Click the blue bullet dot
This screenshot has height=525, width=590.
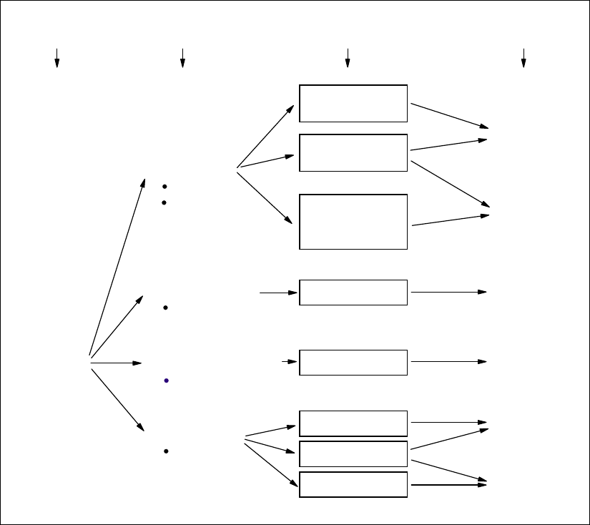pyautogui.click(x=166, y=381)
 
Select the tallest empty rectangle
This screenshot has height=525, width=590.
pyautogui.click(x=353, y=221)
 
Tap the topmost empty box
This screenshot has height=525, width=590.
pyautogui.click(x=353, y=104)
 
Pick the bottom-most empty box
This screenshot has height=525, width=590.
pyautogui.click(x=353, y=484)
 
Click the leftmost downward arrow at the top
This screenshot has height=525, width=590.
pyautogui.click(x=57, y=58)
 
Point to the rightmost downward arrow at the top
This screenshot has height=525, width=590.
pyautogui.click(x=523, y=58)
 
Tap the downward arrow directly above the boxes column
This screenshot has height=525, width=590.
pyautogui.click(x=348, y=58)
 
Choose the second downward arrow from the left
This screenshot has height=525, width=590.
pyautogui.click(x=182, y=58)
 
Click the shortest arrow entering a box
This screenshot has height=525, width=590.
pyautogui.click(x=289, y=362)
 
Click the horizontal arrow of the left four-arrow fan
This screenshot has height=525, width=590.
pyautogui.click(x=116, y=363)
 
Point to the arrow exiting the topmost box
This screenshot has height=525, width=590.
pyautogui.click(x=449, y=116)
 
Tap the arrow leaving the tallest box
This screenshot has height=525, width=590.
pyautogui.click(x=451, y=220)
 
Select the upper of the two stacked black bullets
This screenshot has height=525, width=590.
pyautogui.click(x=164, y=187)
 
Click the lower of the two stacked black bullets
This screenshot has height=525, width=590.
pyautogui.click(x=164, y=202)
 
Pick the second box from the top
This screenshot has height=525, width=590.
pyautogui.click(x=353, y=152)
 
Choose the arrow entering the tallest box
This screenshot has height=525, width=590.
pyautogui.click(x=265, y=197)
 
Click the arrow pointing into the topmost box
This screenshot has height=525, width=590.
pyautogui.click(x=265, y=137)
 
